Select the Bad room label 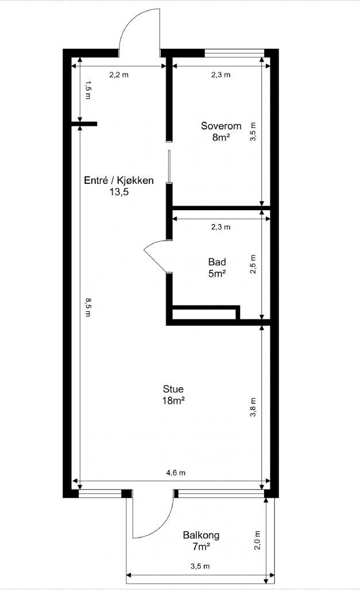click(x=216, y=262)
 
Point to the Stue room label click(x=173, y=389)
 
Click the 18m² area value click(x=173, y=400)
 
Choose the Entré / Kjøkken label click(x=119, y=180)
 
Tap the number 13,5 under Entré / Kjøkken click(x=119, y=192)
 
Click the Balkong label click(x=201, y=535)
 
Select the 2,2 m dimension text click(x=119, y=74)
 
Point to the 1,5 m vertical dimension click(x=87, y=90)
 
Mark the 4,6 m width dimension click(x=175, y=473)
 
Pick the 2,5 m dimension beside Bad click(x=253, y=264)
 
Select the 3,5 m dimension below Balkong click(x=200, y=566)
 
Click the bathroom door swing click(x=155, y=256)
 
